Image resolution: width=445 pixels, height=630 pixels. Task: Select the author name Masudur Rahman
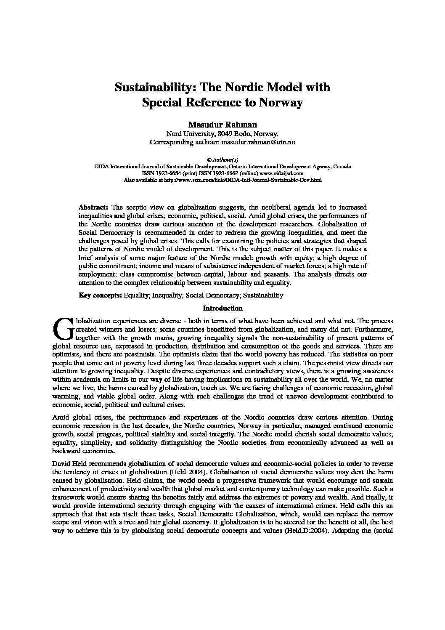pos(222,125)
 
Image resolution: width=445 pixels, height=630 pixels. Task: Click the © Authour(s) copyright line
pos(222,160)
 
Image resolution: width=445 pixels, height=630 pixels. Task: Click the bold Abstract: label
pos(94,207)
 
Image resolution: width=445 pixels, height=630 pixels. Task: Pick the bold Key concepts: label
pos(101,295)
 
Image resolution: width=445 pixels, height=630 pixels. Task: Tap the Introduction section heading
pos(222,308)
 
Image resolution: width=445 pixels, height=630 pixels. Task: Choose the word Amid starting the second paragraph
pos(60,417)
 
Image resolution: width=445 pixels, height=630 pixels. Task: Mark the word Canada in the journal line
pos(342,167)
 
